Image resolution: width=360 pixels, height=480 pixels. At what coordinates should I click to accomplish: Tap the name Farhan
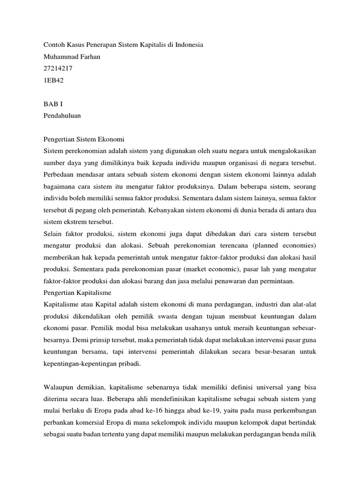91,56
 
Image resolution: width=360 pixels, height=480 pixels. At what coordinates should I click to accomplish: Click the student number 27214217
58,68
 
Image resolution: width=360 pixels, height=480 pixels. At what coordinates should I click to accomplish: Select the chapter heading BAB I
52,103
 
